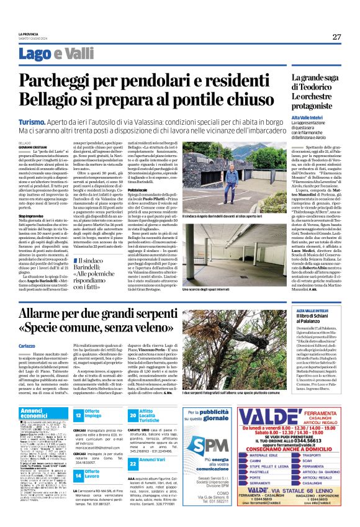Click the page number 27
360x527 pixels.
tap(336, 37)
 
